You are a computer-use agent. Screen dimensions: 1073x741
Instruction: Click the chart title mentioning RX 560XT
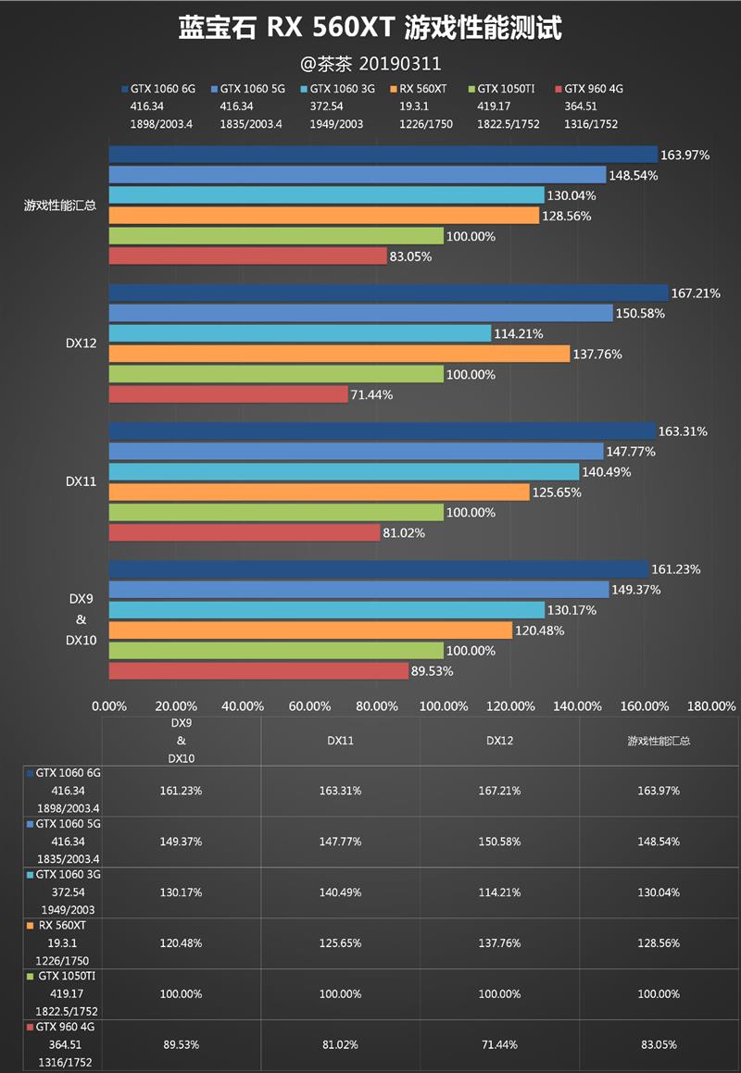click(x=370, y=29)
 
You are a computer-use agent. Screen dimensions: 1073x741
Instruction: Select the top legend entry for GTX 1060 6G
click(x=158, y=90)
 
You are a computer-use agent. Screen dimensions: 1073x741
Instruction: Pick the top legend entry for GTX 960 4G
click(x=593, y=90)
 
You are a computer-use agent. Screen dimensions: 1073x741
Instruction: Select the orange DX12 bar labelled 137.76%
click(x=339, y=354)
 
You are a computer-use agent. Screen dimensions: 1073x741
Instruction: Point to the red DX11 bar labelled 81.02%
click(x=245, y=532)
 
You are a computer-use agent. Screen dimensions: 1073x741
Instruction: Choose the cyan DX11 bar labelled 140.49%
click(x=344, y=472)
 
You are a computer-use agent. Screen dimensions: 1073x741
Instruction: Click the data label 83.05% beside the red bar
click(x=410, y=257)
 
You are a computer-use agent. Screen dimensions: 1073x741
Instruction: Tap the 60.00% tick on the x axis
click(x=309, y=706)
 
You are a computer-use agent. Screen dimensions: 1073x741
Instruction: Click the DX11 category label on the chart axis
click(x=82, y=481)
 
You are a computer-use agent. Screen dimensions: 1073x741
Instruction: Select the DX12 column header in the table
click(x=499, y=741)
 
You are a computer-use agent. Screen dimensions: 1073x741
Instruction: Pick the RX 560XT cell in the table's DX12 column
click(x=499, y=943)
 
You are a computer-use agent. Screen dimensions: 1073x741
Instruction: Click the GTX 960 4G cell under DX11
click(x=340, y=1044)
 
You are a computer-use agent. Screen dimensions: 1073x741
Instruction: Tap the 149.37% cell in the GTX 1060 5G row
click(x=181, y=842)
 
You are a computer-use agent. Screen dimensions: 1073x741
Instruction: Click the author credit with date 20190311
click(x=370, y=64)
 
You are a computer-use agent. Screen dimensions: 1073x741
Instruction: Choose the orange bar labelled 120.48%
click(x=310, y=630)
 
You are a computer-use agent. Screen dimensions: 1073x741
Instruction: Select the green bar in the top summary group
click(x=276, y=236)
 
